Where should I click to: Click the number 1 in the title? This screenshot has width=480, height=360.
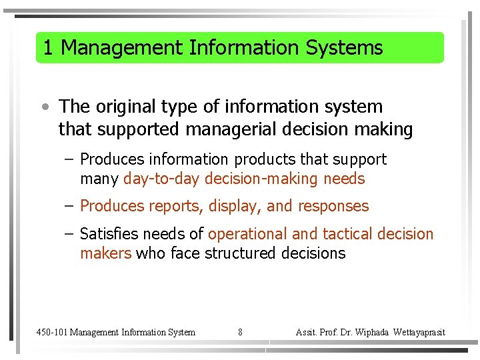(47, 48)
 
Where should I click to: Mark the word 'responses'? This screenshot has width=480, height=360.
(333, 207)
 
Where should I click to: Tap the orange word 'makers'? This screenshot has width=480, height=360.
(105, 253)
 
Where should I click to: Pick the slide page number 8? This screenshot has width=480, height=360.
(240, 332)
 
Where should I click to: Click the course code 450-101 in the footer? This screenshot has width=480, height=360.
(51, 332)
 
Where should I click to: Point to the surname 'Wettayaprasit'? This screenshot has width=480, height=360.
(419, 332)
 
